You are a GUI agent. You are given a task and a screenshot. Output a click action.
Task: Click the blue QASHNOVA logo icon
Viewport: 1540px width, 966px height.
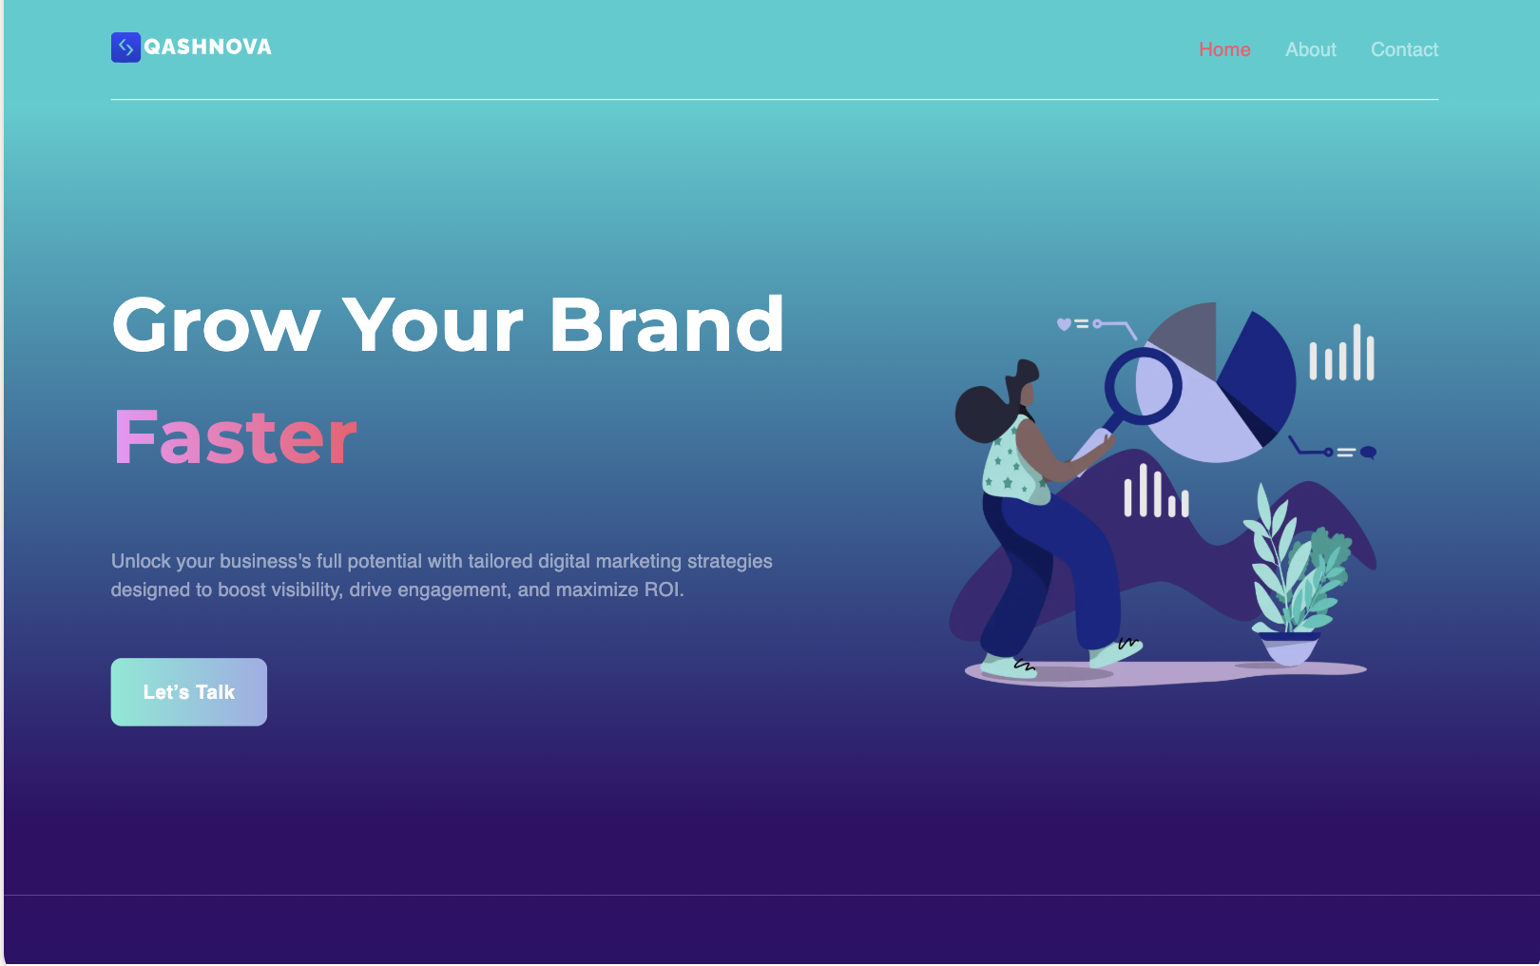125,48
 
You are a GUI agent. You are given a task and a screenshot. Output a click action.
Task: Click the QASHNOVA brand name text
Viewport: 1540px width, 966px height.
207,47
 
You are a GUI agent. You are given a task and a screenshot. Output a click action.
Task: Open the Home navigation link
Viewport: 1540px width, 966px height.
1224,49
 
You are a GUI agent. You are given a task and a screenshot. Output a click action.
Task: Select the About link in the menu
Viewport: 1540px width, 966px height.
1310,49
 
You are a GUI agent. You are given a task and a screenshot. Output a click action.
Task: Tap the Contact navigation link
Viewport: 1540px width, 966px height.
1404,49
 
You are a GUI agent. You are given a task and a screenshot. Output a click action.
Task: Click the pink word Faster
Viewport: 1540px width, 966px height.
235,436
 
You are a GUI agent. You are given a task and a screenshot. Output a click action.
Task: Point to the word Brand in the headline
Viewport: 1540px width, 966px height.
666,324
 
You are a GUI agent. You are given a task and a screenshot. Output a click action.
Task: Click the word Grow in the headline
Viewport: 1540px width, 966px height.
216,324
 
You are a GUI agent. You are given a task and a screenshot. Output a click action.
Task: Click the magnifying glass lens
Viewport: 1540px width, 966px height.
1143,386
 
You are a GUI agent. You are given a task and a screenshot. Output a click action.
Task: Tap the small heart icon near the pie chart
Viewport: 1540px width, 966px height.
1064,324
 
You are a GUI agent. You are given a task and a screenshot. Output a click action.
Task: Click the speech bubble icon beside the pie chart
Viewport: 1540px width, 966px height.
1368,452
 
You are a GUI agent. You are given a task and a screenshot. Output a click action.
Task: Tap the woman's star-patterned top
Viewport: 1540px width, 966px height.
1013,463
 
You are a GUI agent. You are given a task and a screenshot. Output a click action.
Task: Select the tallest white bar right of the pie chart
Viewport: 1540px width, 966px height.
1357,352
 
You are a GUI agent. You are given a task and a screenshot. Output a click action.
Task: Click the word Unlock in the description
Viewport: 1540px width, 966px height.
141,561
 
